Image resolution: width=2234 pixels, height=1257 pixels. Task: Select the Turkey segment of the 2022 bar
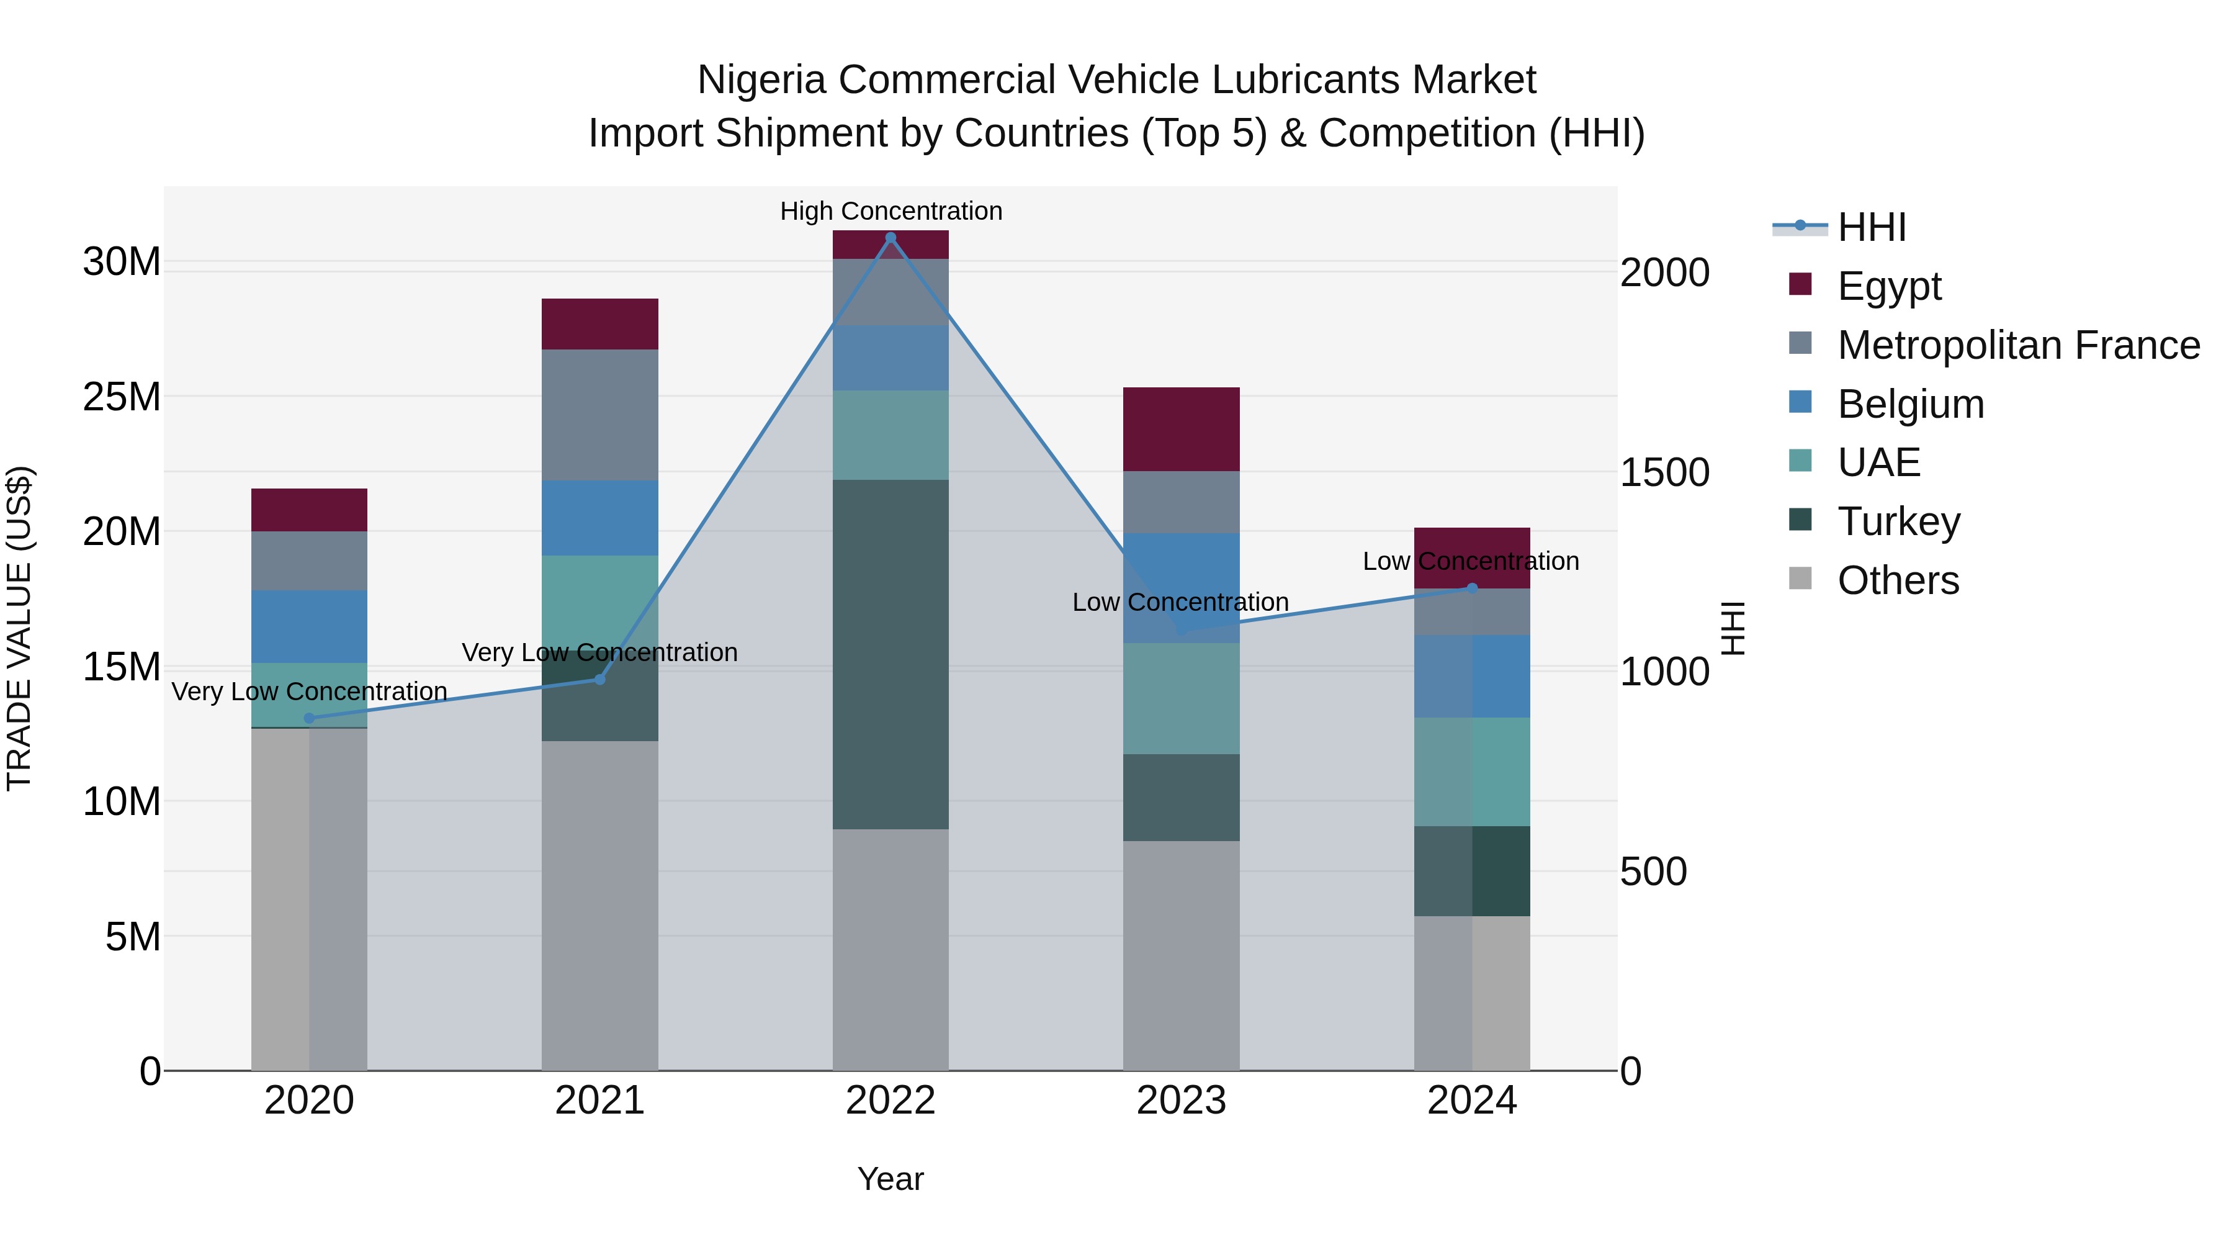890,654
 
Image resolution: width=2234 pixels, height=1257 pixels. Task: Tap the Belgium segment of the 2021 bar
600,518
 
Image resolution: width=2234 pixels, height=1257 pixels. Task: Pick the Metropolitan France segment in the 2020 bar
310,561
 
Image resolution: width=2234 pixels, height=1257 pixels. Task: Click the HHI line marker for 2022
890,238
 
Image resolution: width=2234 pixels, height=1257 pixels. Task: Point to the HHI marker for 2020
310,718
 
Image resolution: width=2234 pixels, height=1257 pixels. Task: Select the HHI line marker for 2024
1472,588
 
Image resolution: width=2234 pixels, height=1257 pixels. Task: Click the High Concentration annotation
890,211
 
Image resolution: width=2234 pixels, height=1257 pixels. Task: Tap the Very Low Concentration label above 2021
600,652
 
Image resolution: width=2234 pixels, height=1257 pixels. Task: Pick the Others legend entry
1898,580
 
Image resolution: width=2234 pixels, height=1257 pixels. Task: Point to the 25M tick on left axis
122,397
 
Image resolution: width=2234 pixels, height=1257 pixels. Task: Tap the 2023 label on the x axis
1181,1101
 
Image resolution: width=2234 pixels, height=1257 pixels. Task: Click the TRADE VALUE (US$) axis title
19,628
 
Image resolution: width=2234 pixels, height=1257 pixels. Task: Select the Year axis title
890,1179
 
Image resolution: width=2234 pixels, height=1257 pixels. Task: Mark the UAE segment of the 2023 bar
1181,698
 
